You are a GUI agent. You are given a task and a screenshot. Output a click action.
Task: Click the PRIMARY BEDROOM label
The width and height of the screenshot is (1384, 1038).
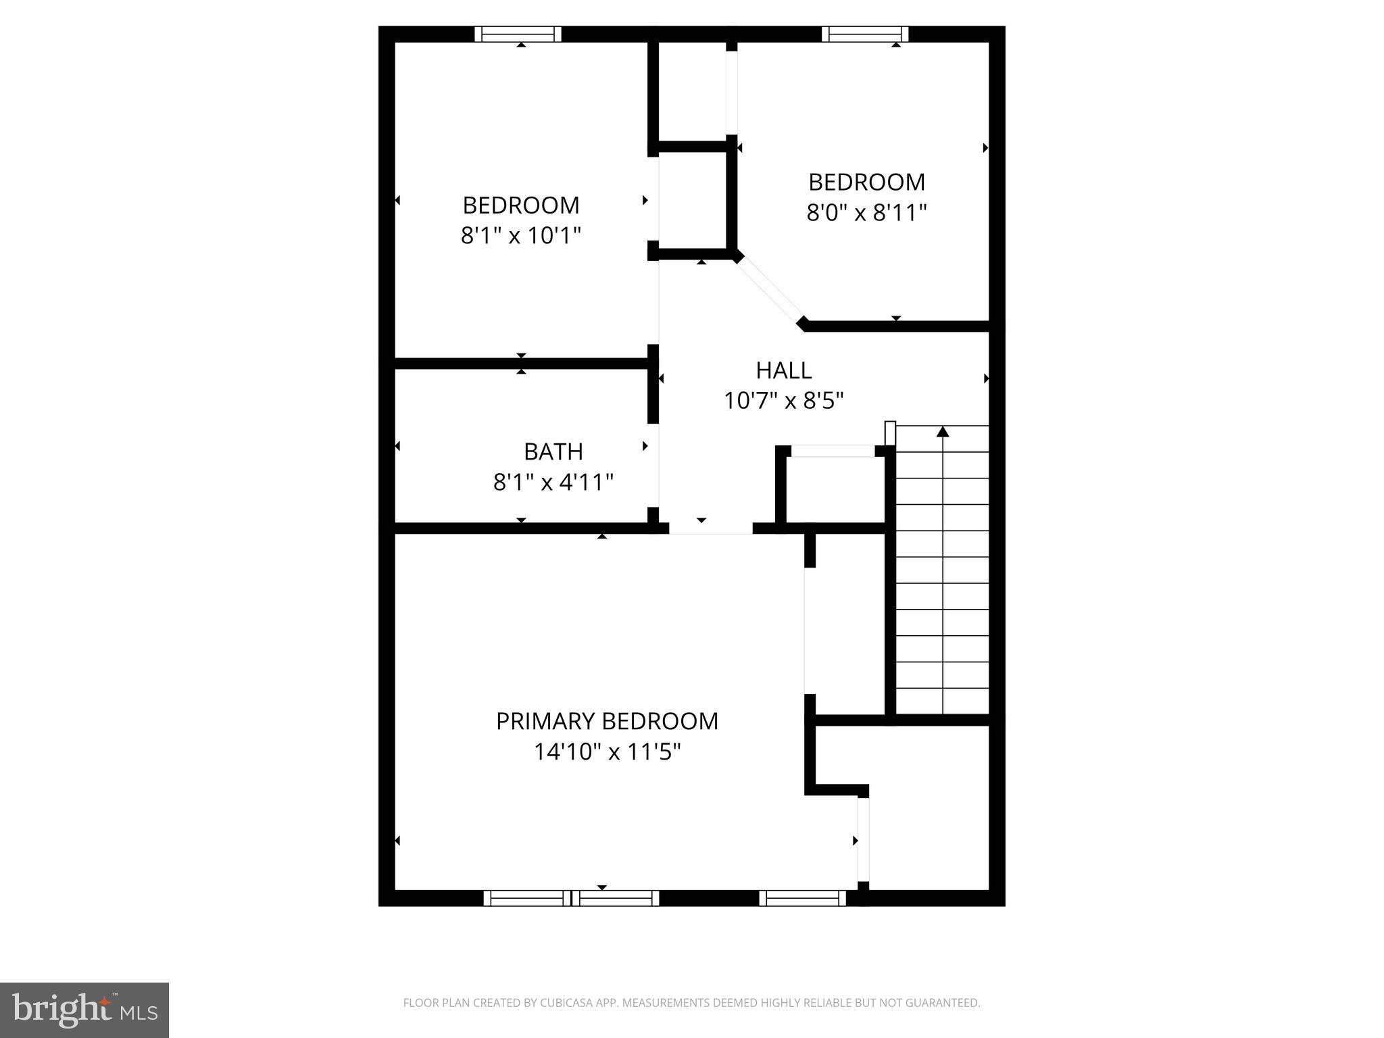pos(607,721)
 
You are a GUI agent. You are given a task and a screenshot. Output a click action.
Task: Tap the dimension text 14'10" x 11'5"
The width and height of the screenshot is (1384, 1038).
pos(607,751)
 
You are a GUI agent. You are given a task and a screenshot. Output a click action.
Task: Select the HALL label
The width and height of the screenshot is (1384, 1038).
pos(783,370)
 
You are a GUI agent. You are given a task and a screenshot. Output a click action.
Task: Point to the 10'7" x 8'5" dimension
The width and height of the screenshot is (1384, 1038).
pos(783,401)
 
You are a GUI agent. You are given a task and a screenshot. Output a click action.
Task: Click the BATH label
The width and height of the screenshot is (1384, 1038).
pos(553,451)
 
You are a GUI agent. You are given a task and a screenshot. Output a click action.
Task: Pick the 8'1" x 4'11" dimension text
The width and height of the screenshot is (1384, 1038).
pos(553,483)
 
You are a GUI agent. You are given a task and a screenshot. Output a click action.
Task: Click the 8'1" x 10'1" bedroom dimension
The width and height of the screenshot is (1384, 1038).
pos(520,236)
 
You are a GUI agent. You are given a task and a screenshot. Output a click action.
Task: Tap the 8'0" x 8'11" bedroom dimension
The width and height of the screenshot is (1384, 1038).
pos(866,213)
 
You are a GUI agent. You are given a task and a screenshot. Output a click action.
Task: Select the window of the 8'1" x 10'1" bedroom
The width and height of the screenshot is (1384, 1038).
pos(518,34)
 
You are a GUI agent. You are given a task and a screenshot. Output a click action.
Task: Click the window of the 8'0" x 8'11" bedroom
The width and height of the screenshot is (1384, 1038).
pos(864,34)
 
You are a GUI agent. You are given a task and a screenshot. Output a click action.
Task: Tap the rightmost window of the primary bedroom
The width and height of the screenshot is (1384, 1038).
pos(802,897)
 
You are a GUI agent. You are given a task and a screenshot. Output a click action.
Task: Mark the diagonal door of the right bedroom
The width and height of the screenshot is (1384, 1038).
pos(770,291)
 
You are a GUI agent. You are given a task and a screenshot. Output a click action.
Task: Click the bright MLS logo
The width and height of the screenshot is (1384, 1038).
pos(84,1010)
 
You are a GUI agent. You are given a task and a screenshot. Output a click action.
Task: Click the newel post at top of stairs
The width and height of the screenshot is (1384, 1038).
pos(890,432)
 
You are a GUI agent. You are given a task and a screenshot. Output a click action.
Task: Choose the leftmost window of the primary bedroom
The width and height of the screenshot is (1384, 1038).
pos(527,897)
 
